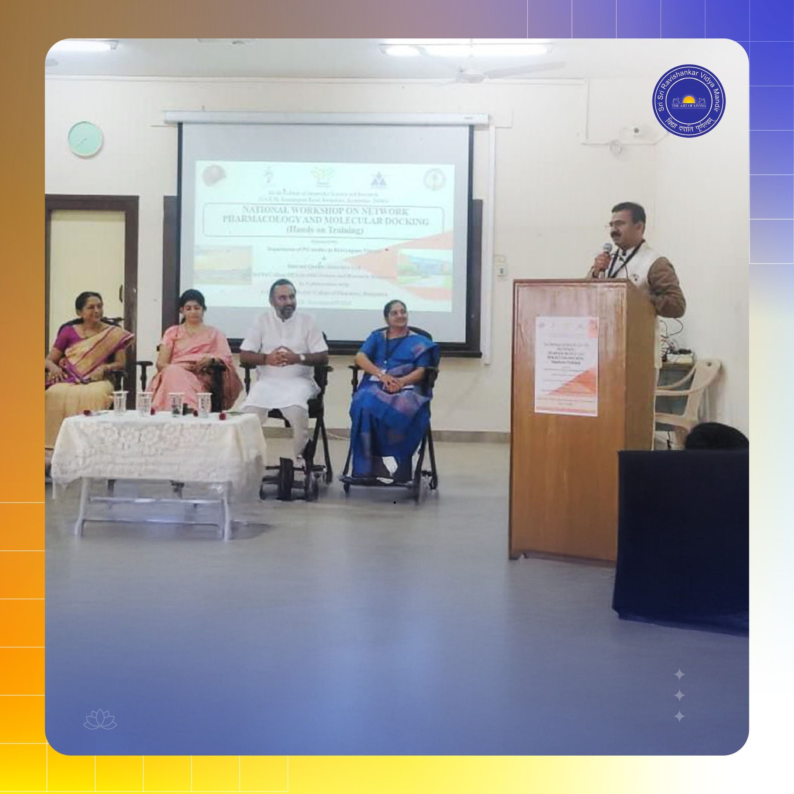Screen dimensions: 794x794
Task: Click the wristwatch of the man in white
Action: pos(302,357)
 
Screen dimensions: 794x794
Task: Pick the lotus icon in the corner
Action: pos(100,722)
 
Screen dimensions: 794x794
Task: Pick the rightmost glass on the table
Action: pos(202,404)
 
